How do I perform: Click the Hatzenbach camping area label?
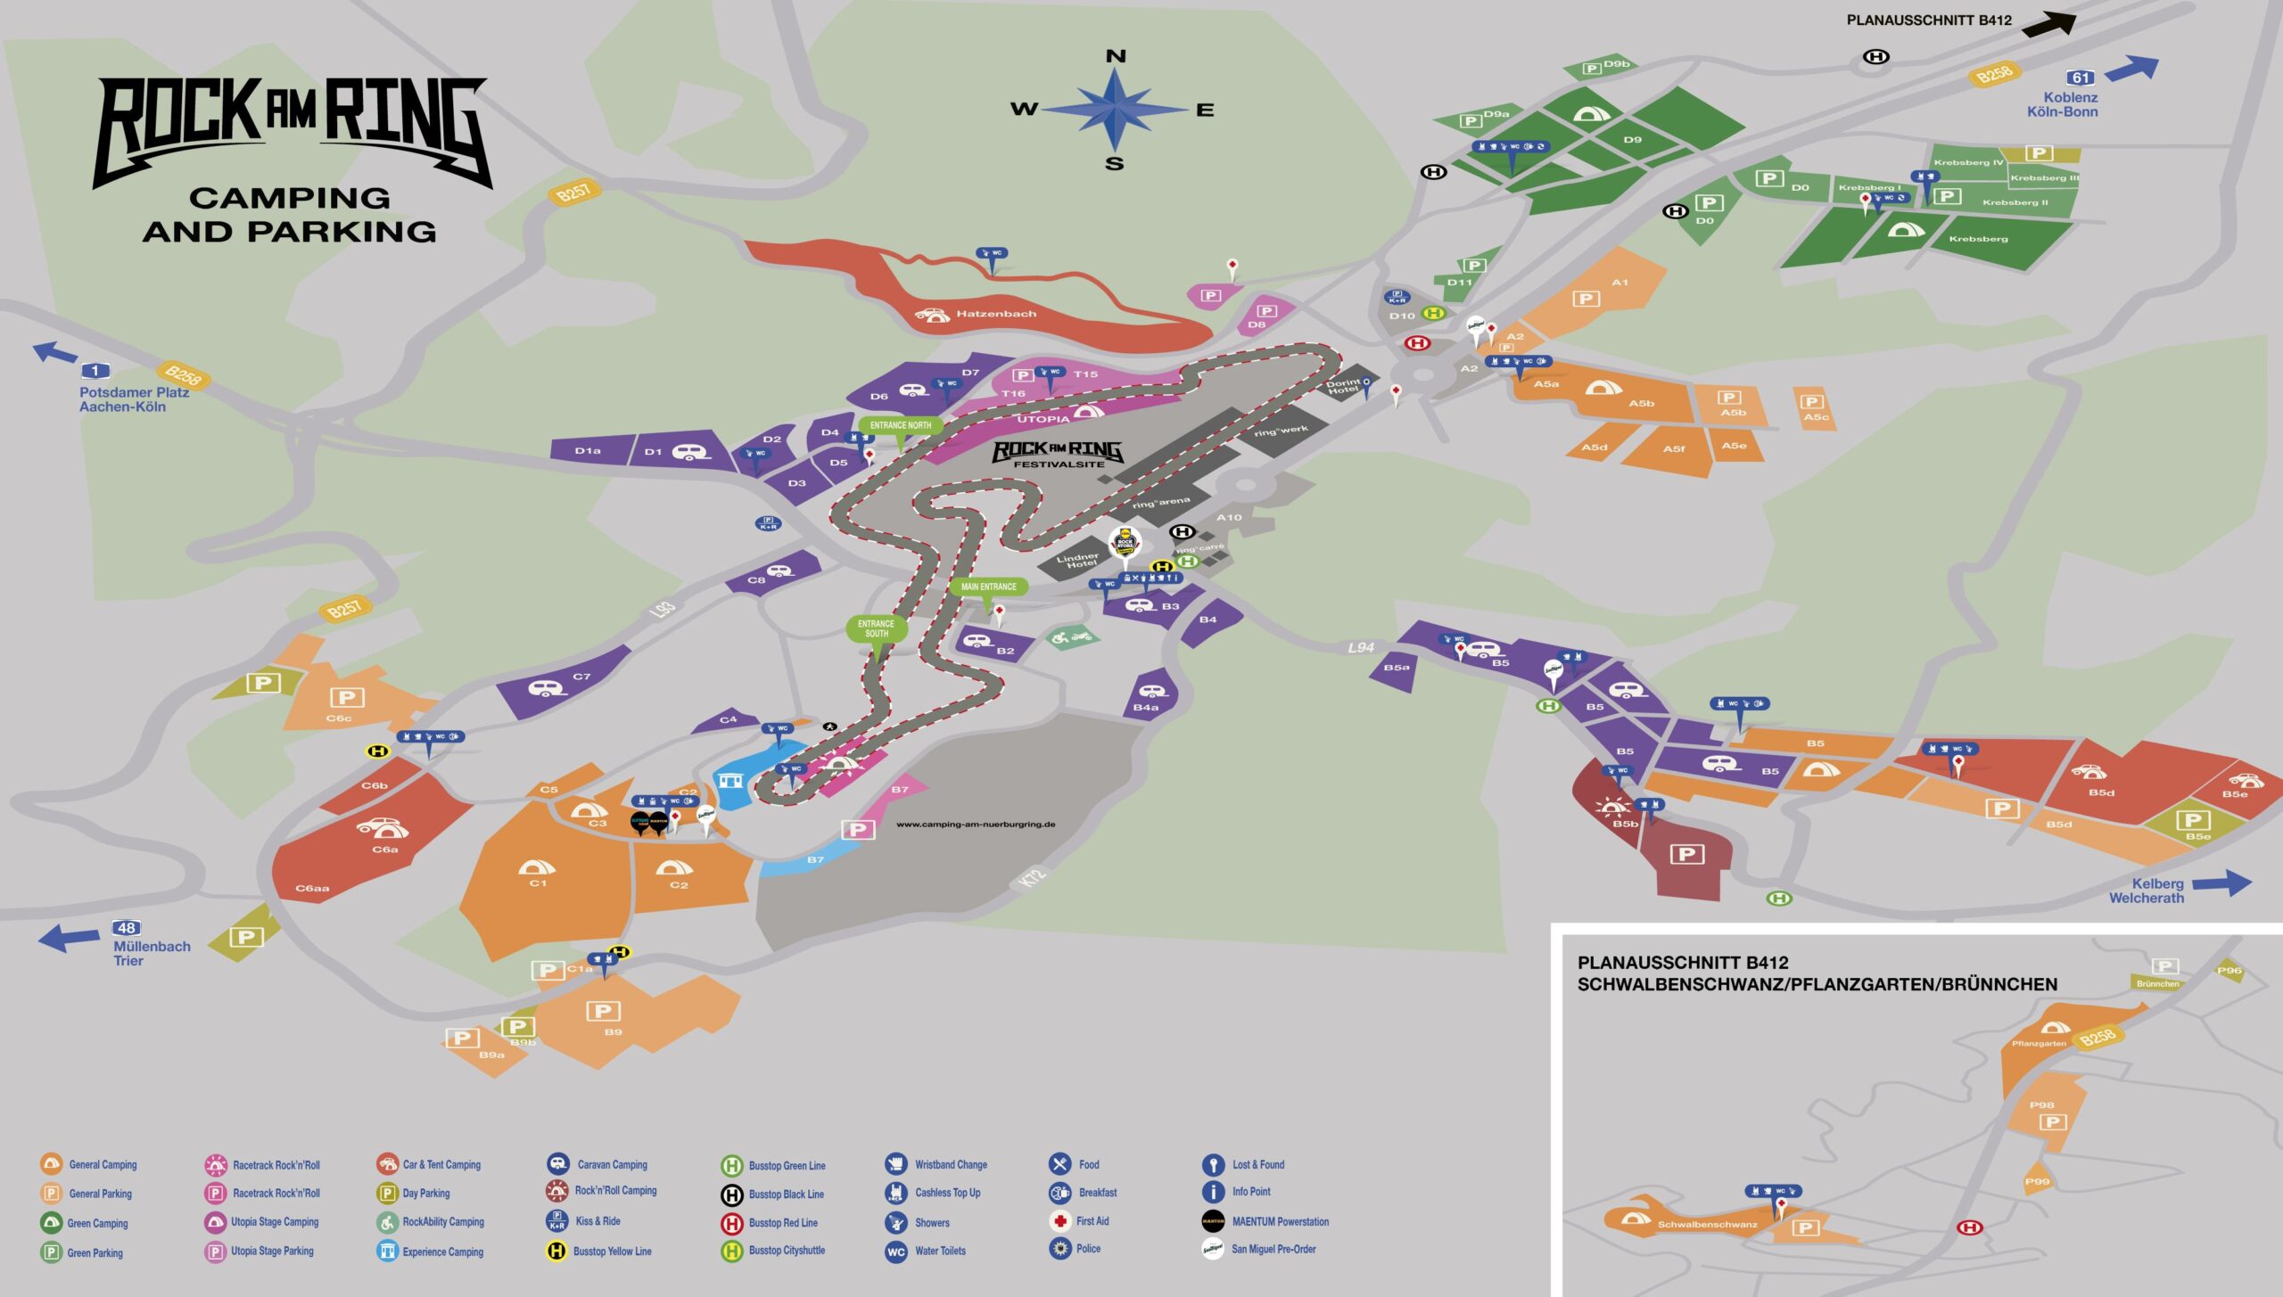pos(996,314)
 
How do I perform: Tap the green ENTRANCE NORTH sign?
pos(901,425)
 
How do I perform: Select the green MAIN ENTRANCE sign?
pos(988,587)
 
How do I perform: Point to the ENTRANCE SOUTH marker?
pos(876,628)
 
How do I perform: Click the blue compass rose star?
pos(1115,110)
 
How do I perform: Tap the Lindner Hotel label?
pos(1077,561)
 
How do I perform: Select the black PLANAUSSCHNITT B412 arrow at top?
pos(2048,23)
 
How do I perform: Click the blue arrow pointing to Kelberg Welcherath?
pos(2221,882)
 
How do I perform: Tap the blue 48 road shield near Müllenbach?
pos(127,928)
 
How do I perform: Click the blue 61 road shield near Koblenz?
pos(2081,78)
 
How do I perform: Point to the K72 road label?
pos(1032,877)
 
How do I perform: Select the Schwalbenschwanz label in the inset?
pos(1707,1225)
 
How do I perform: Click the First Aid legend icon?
pos(1059,1221)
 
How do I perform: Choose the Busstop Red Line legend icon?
pos(731,1223)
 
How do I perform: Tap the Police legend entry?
pos(1088,1249)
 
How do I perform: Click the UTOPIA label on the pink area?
pos(1043,419)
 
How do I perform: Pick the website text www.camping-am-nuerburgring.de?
pos(976,825)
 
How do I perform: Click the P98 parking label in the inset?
pos(2041,1105)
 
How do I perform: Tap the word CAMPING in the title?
pos(290,197)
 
